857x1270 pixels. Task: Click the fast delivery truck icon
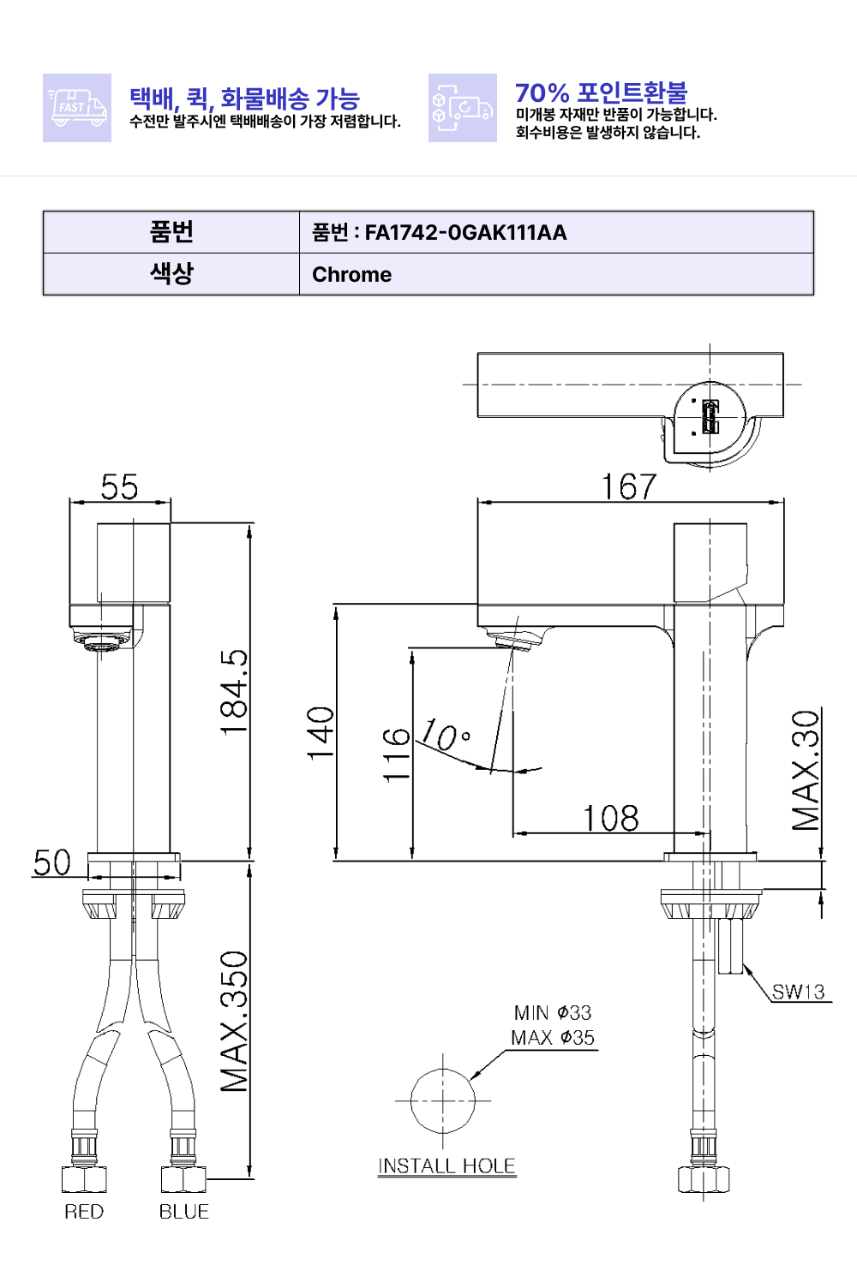[77, 108]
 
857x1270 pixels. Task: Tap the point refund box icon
[462, 108]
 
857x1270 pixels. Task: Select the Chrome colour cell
[351, 275]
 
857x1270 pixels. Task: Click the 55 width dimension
[119, 487]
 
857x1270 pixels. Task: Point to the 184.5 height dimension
[234, 692]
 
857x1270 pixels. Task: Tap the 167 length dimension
[629, 487]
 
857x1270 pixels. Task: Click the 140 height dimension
[321, 733]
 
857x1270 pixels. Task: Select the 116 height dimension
[396, 754]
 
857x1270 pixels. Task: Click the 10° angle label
[446, 735]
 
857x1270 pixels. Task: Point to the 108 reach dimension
[610, 819]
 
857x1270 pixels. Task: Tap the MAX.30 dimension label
[806, 770]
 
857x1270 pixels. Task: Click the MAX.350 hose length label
[234, 1022]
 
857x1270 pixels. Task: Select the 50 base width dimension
[51, 863]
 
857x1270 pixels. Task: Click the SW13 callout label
[798, 992]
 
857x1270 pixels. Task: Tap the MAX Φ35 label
[553, 1038]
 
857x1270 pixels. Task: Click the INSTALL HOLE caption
[446, 1166]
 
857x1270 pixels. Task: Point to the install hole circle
[442, 1101]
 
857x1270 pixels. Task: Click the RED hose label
[84, 1212]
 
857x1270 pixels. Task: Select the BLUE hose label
[184, 1212]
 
